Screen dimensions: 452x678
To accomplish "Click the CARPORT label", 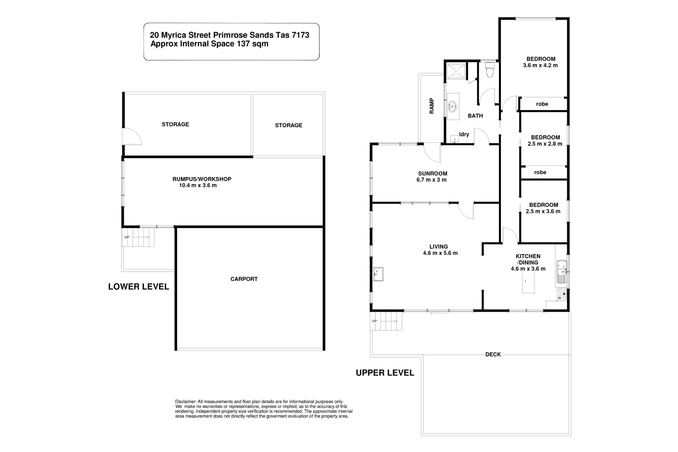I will click(244, 279).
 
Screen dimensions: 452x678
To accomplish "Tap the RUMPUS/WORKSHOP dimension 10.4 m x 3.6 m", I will click(198, 185).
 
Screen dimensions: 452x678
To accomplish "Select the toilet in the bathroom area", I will click(489, 70).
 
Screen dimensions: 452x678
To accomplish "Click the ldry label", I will click(464, 134).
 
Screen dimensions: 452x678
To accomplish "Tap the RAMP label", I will click(431, 106).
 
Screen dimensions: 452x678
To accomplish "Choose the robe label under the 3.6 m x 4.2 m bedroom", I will click(542, 104).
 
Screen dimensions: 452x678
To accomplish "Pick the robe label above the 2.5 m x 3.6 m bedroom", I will click(540, 172).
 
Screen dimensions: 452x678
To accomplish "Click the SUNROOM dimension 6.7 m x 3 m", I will click(432, 180).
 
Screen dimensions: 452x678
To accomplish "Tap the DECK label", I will click(493, 354).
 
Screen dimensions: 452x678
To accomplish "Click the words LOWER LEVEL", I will click(139, 287).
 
